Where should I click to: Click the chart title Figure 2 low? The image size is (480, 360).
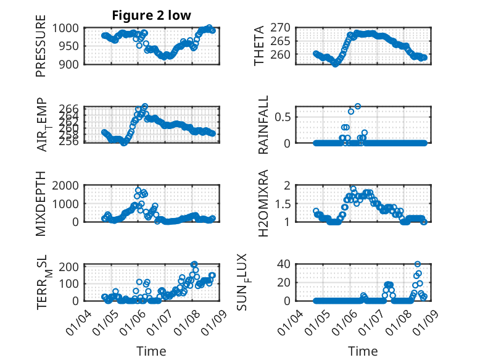point(151,15)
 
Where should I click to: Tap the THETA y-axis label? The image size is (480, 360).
point(259,46)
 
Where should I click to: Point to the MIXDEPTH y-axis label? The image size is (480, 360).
point(41,203)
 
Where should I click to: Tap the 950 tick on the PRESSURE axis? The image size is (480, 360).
point(67,46)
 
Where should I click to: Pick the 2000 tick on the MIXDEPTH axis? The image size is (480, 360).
point(65,185)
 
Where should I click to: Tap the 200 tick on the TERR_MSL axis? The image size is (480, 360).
point(67,266)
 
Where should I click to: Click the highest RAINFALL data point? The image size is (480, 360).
point(357,106)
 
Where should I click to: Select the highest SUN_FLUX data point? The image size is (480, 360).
point(418,264)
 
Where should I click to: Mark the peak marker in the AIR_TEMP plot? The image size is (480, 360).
point(145,106)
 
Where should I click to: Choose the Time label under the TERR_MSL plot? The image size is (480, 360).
point(151,351)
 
